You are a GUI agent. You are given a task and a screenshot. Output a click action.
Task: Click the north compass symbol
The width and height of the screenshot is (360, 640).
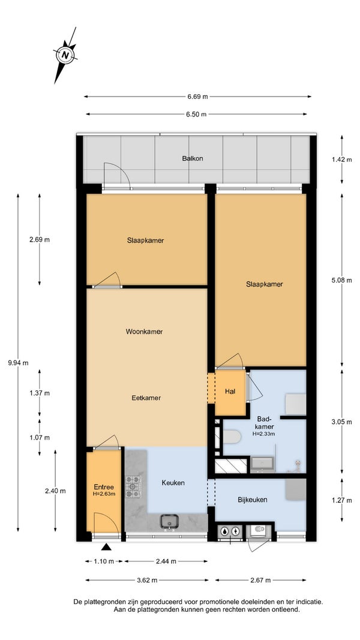65,55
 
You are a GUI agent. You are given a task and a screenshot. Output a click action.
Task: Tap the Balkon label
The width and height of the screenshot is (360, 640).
193,158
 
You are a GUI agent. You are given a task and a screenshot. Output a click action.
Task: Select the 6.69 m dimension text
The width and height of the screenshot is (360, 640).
197,97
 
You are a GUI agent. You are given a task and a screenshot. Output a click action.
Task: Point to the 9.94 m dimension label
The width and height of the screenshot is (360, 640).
18,362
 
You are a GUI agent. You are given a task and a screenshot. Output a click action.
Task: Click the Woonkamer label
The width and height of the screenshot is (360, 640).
144,332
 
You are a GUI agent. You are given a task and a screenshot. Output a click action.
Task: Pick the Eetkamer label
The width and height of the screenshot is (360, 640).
146,398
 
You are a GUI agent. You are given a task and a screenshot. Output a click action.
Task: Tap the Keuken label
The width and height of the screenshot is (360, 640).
173,483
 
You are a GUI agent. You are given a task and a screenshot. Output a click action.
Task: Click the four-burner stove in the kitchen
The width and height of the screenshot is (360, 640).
133,486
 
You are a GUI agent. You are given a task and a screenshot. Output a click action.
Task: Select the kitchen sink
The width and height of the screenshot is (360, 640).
169,522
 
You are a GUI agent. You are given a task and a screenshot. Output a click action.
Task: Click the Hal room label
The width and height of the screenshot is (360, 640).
230,391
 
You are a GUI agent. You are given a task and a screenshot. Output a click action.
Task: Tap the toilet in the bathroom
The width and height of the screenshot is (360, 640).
232,437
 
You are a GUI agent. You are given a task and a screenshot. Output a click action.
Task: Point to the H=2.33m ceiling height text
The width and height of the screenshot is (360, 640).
263,434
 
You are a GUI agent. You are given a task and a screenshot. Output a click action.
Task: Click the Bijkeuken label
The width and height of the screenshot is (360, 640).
253,500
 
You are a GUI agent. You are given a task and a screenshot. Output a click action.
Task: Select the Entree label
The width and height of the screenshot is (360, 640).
104,487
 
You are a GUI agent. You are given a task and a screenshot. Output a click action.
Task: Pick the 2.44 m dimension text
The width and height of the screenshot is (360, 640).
166,561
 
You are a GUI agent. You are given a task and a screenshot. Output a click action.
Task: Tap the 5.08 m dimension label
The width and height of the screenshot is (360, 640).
341,280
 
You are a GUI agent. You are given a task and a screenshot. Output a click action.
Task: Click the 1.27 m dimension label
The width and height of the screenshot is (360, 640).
341,500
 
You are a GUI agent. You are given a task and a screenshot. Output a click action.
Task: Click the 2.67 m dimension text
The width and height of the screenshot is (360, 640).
260,580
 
